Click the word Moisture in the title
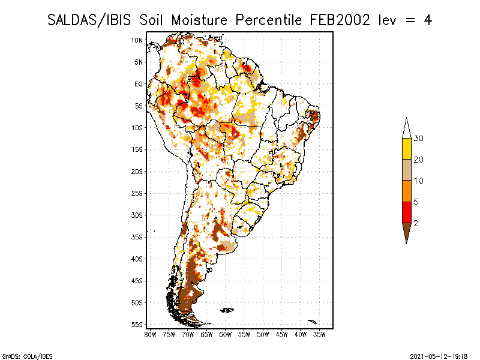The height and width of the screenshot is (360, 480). point(199,20)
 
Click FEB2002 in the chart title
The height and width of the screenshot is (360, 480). point(340,20)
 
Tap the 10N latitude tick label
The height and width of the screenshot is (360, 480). point(137,40)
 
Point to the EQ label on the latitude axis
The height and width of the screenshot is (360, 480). point(139,84)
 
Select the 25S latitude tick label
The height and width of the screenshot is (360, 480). point(137,193)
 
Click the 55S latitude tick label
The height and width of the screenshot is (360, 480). point(137,325)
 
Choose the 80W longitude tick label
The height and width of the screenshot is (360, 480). point(150,335)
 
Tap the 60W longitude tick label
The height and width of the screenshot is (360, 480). point(226,335)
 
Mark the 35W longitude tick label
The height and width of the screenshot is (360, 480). point(319,335)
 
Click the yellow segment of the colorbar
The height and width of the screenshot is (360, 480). point(407,149)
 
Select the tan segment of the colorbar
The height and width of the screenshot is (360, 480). point(407,170)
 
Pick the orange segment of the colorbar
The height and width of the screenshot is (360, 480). point(407,191)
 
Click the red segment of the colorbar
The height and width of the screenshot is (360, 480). point(407,212)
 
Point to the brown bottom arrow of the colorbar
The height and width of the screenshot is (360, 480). point(407,231)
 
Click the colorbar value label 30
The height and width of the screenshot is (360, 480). point(418,139)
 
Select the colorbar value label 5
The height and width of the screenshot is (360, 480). point(416,202)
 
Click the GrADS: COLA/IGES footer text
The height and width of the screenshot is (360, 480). point(28,356)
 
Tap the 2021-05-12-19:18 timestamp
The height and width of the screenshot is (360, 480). point(439,356)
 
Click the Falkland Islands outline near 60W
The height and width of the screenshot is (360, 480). point(227,310)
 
